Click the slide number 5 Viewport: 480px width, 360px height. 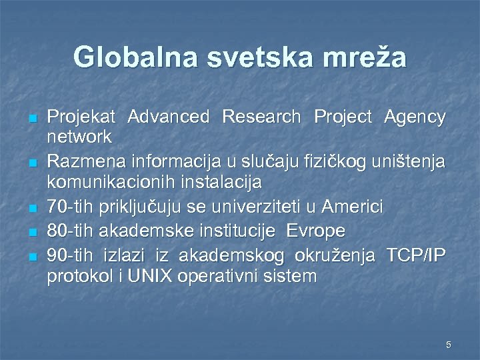449,345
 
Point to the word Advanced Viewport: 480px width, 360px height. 168,117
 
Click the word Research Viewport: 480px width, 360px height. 261,117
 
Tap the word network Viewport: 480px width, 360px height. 79,137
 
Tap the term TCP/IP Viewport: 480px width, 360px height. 413,254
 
